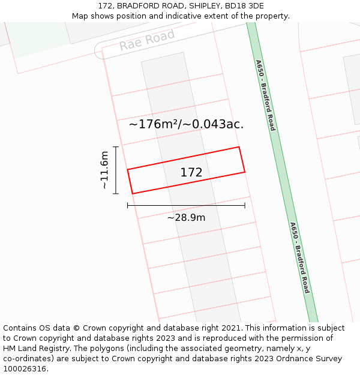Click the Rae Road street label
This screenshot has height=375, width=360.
click(146, 40)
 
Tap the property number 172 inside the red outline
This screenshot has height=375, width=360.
click(191, 173)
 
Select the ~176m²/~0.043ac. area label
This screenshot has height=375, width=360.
click(186, 124)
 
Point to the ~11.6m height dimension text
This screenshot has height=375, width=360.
click(104, 170)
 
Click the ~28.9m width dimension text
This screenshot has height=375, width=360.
click(186, 217)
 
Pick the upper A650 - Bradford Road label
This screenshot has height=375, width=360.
click(265, 95)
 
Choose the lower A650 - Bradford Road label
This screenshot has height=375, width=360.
click(299, 257)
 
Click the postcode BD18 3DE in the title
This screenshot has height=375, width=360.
click(244, 6)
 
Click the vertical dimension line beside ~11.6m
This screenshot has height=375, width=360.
click(116, 170)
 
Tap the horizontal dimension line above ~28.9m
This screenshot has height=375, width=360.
click(186, 206)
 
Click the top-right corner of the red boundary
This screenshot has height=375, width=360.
click(239, 147)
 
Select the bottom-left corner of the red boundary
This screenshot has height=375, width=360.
click(132, 194)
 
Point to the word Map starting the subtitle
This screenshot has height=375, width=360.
click(80, 16)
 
